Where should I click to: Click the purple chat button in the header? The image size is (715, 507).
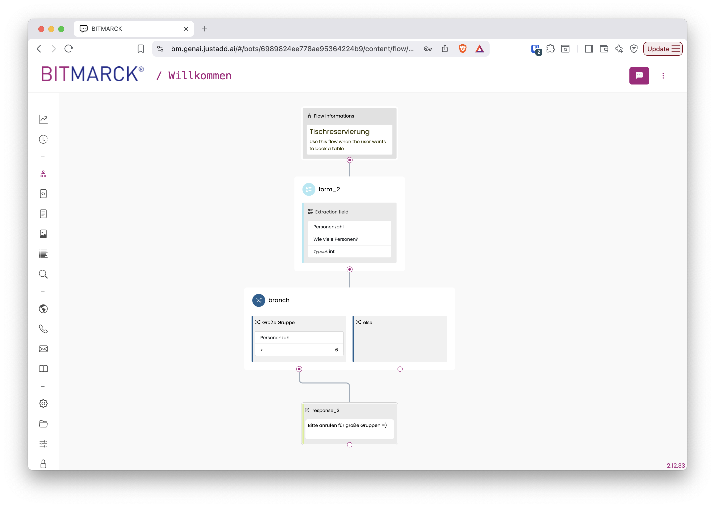639,76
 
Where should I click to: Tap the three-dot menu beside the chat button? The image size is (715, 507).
663,76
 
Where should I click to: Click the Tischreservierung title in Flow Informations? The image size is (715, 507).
339,131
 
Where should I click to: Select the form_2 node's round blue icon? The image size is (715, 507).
308,189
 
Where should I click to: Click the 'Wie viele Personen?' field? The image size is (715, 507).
336,239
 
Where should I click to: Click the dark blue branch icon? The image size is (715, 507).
258,300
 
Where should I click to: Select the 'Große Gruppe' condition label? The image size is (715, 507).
278,322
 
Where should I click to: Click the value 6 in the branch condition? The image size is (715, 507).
336,350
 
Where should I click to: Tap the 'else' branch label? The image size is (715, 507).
367,322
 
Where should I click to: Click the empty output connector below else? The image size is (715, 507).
400,369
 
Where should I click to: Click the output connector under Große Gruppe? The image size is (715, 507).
299,369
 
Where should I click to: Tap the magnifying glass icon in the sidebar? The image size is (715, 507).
43,274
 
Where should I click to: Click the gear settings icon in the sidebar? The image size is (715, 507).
43,403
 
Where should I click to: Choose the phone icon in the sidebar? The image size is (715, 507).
43,329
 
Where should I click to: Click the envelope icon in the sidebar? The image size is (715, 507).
43,349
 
